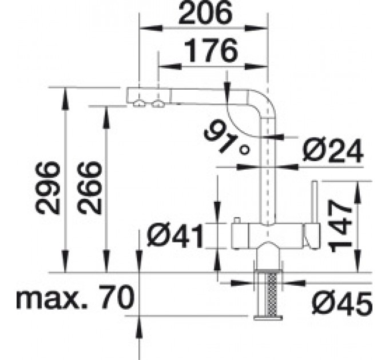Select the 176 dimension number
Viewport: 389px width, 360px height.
point(211,51)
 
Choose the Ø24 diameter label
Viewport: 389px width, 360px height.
point(333,151)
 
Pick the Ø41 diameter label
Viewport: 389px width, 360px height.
point(176,235)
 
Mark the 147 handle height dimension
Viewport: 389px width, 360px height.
point(340,226)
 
